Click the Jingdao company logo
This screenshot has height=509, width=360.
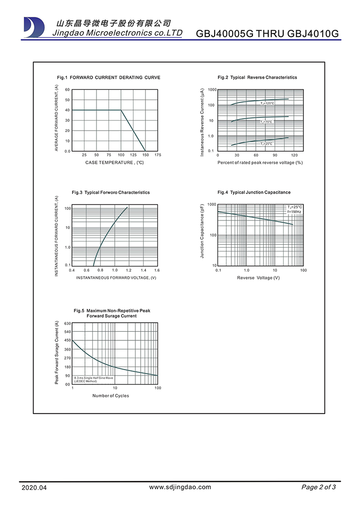click(x=34, y=27)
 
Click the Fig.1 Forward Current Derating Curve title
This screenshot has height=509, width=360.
click(x=108, y=77)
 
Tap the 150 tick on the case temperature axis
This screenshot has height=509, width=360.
click(x=145, y=155)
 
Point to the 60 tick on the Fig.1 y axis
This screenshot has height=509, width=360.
click(x=68, y=90)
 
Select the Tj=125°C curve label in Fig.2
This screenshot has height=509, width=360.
click(x=267, y=103)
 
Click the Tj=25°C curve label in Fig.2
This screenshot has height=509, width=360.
click(x=267, y=144)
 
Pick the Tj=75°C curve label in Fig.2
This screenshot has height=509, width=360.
click(x=266, y=122)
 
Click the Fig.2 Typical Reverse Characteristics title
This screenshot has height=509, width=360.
click(x=257, y=77)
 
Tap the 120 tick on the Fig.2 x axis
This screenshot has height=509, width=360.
click(x=294, y=155)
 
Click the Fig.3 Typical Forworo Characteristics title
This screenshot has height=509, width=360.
click(x=111, y=193)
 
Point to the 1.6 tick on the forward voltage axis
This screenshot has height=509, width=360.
click(x=157, y=270)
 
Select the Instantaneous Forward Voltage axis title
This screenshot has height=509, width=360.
click(x=116, y=278)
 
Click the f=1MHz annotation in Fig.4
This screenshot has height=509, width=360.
click(x=295, y=211)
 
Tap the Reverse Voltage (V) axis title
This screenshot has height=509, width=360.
click(x=258, y=278)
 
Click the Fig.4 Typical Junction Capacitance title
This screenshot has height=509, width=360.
click(x=254, y=193)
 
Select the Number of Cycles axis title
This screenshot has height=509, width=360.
click(x=111, y=396)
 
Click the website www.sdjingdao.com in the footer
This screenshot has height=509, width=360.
click(x=180, y=487)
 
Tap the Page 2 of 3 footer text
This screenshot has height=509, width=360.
click(x=319, y=487)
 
